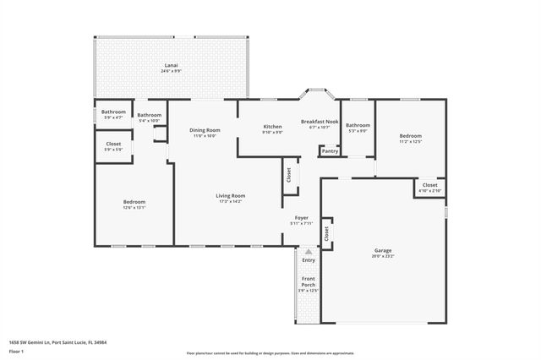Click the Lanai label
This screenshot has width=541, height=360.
point(171,65)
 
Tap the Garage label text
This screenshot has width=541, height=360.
point(383,251)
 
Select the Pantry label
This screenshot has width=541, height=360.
point(329,151)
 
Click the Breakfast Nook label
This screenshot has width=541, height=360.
point(319,122)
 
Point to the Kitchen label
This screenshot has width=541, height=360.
point(272,127)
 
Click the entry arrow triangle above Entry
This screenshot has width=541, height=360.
point(309,251)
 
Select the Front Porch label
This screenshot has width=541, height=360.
point(309,282)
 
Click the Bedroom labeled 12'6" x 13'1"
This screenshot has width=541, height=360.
point(134,202)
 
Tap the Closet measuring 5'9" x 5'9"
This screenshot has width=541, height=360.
point(113,145)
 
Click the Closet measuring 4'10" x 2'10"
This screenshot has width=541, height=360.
point(429,185)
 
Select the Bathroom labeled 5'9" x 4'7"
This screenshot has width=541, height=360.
point(113,112)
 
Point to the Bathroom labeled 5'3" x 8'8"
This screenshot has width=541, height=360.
point(358,126)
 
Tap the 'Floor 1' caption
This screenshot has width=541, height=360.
point(16,351)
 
